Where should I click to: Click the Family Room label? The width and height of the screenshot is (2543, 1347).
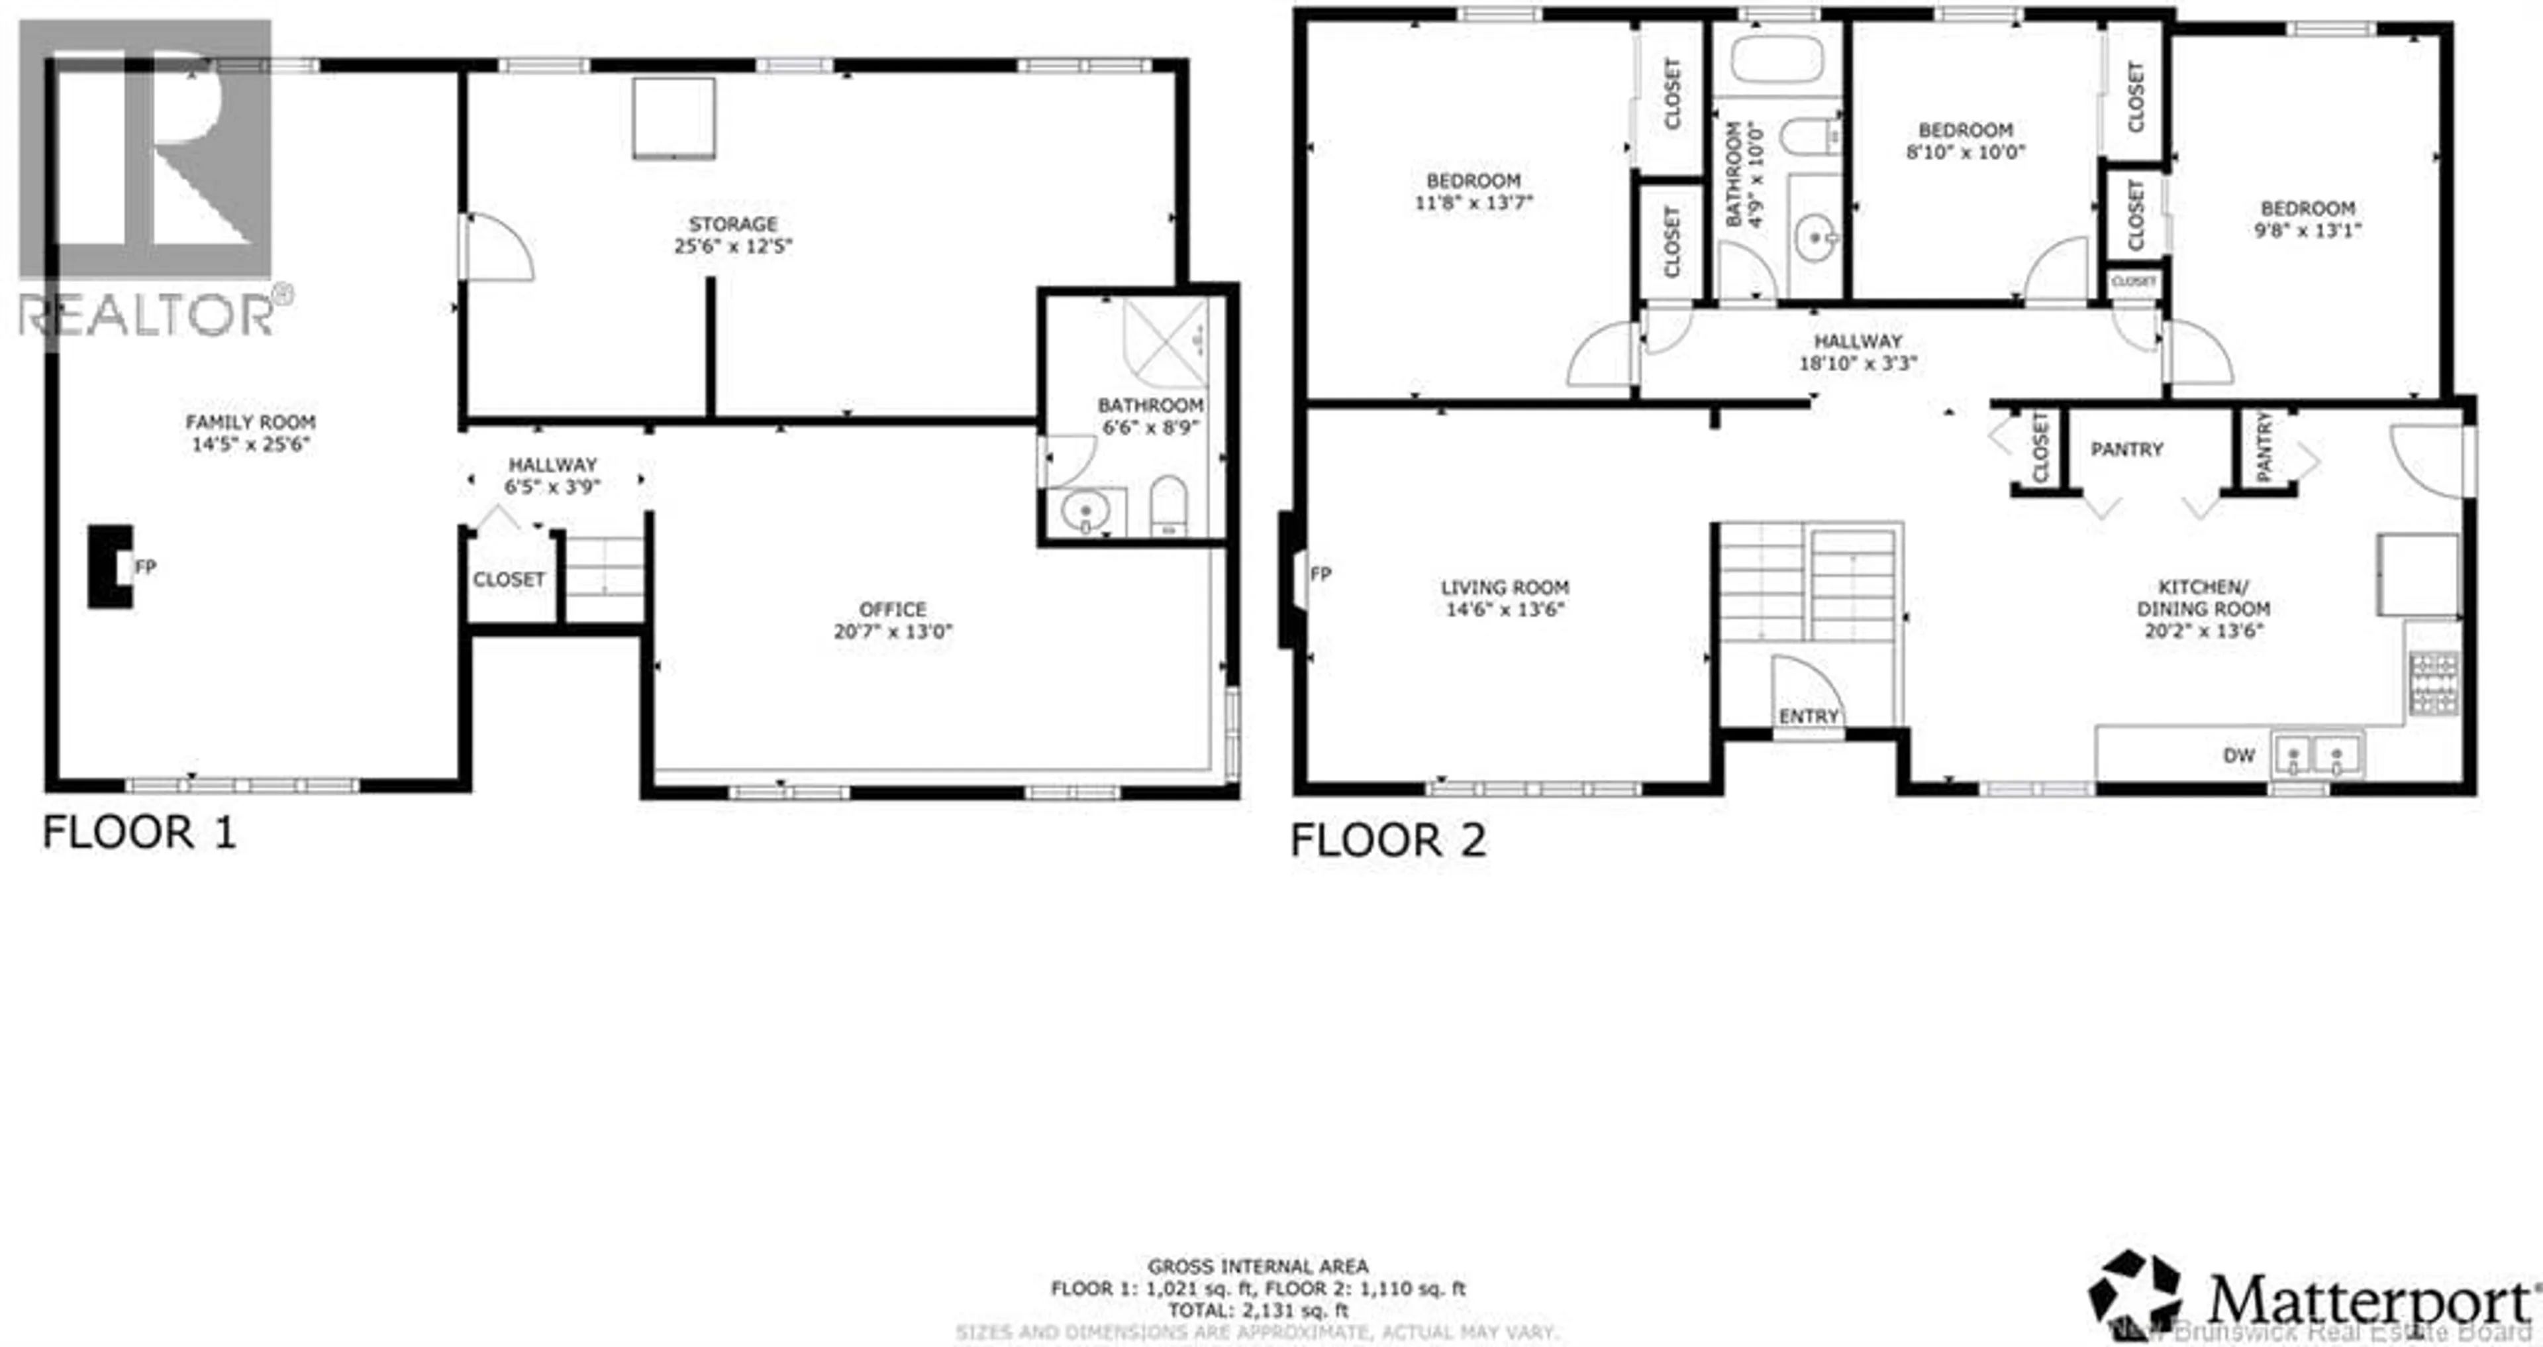coord(251,421)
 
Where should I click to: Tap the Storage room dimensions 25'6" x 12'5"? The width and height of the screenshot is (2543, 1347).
coord(732,246)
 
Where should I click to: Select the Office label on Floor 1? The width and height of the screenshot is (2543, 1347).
coord(893,610)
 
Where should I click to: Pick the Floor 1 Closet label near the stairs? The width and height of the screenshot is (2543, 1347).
coord(509,580)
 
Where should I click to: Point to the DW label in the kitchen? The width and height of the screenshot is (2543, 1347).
coord(2239,755)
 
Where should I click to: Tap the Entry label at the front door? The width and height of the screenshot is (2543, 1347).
coord(1809,716)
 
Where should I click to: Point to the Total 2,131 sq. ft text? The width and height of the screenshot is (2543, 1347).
coord(1258,1311)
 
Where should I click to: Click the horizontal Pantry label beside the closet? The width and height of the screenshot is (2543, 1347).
coord(2126,449)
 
